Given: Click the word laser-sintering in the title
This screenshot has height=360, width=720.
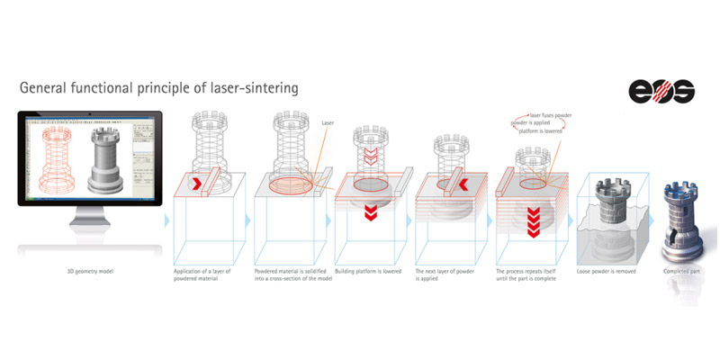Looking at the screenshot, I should coord(245,88).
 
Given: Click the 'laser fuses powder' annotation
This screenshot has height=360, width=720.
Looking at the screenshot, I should coord(551,115).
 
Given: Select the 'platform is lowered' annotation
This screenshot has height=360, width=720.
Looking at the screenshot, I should coord(541,130).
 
